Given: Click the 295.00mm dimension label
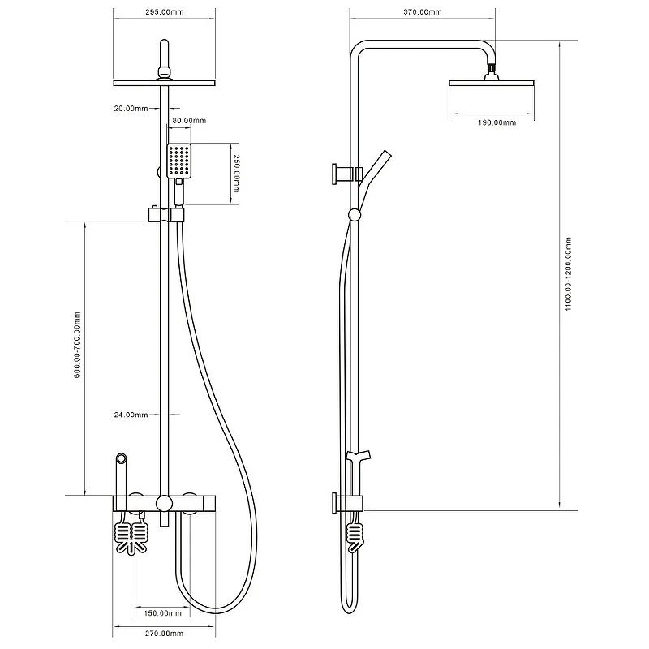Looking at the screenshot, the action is [165, 12].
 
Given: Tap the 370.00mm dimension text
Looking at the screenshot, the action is [423, 12].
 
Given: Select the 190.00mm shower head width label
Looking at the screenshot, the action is [497, 122].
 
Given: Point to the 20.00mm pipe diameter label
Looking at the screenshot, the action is [131, 109].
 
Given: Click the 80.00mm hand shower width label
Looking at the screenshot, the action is [189, 121].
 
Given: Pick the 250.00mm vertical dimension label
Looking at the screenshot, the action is [236, 174].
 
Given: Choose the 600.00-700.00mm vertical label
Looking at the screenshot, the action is [77, 346].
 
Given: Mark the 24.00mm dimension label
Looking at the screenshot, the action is [131, 415].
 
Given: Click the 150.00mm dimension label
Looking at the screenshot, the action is [163, 613].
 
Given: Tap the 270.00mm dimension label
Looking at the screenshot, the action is [165, 634].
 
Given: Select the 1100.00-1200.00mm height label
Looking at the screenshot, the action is [569, 274].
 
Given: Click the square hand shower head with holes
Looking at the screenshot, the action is [179, 161].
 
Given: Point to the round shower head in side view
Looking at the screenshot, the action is [492, 84].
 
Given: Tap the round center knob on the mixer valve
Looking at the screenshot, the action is [164, 503].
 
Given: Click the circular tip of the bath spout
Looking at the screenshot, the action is [121, 458].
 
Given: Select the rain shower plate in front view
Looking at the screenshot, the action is [165, 84].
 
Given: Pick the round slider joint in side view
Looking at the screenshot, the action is [355, 215].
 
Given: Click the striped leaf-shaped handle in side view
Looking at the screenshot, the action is [355, 538].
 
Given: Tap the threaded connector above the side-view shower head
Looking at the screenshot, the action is [491, 67].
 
